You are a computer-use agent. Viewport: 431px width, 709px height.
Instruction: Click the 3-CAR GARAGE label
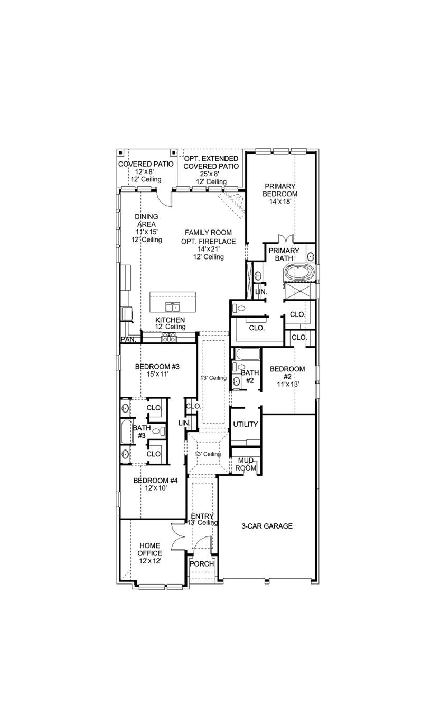click(267, 526)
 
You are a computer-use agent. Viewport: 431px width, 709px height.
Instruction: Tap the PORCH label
click(202, 563)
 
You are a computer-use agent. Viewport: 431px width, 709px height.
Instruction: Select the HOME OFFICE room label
click(150, 553)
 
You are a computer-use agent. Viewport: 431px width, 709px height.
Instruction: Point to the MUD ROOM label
click(246, 464)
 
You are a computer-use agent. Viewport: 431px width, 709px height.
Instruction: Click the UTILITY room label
click(245, 424)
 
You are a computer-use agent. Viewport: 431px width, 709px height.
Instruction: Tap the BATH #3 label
click(140, 432)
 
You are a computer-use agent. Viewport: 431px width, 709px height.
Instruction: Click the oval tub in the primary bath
click(299, 273)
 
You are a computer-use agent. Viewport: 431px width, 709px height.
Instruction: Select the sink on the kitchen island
click(172, 307)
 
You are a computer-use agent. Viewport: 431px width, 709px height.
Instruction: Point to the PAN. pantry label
click(128, 340)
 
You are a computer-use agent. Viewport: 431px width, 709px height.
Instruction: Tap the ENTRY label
click(202, 516)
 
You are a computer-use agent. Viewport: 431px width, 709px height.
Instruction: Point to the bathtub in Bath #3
click(126, 432)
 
